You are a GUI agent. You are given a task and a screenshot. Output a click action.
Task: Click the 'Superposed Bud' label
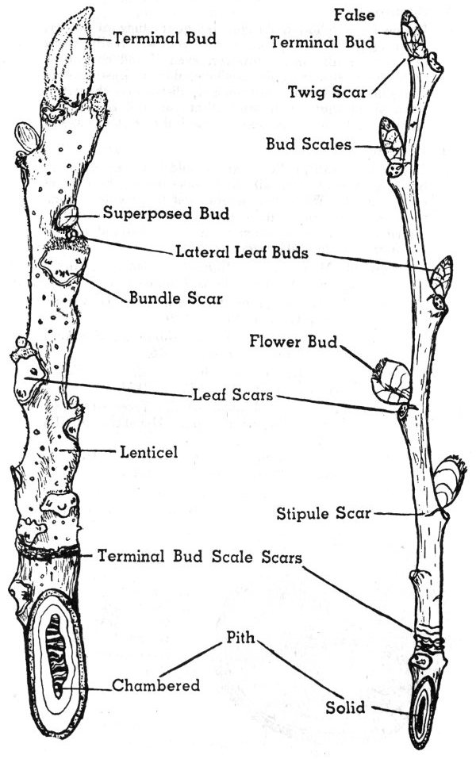tap(166, 213)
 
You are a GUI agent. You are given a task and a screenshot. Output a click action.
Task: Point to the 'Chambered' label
tap(155, 685)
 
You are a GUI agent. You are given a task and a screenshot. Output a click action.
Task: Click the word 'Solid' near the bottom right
tap(344, 707)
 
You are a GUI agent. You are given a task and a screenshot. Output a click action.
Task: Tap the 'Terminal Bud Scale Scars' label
tap(199, 555)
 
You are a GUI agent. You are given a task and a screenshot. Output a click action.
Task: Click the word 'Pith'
tap(241, 637)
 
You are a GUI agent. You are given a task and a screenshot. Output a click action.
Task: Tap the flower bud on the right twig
tap(391, 380)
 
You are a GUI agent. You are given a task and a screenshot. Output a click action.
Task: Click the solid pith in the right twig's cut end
tap(420, 711)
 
